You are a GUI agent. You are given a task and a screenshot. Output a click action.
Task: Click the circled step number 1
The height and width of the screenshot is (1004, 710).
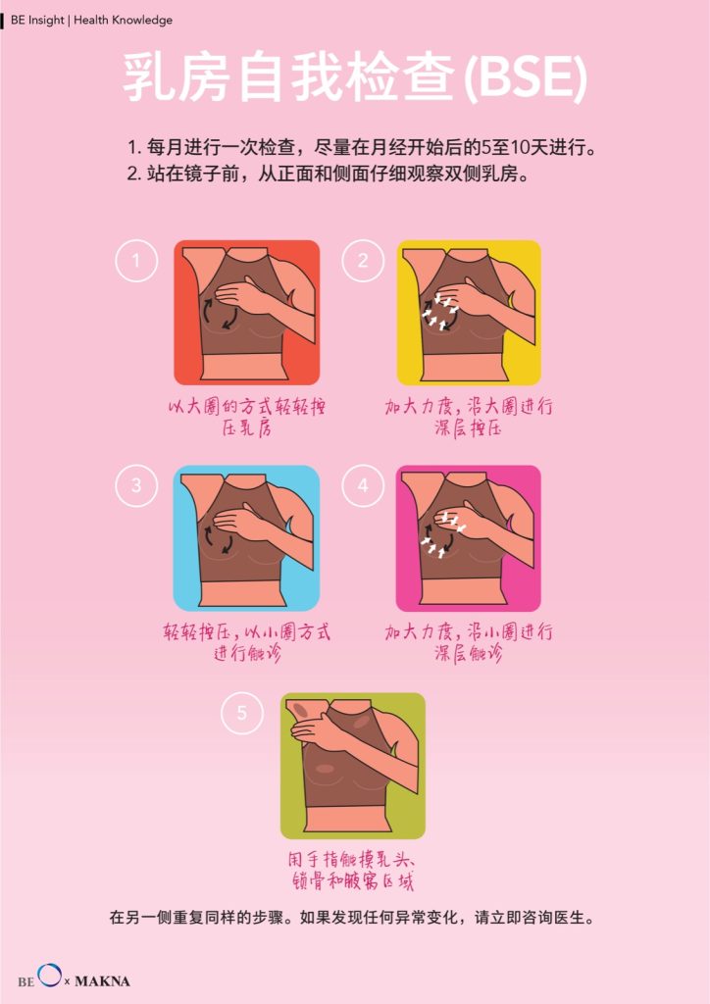(x=135, y=261)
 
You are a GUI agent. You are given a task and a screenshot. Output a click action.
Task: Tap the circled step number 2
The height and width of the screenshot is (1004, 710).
(x=363, y=261)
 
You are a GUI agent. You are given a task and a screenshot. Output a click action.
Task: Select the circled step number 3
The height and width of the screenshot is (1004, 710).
(x=135, y=485)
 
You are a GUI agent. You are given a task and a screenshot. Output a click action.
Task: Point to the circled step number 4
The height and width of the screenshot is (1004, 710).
(x=363, y=485)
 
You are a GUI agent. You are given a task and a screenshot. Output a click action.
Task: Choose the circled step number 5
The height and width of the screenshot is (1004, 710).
(x=242, y=713)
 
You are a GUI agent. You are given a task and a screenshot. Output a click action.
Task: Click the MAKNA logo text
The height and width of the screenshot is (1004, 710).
(x=102, y=980)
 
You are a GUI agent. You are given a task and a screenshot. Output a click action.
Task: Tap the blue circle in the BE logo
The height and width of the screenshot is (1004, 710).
(x=49, y=975)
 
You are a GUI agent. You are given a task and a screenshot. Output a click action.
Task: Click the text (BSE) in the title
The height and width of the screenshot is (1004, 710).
(x=524, y=78)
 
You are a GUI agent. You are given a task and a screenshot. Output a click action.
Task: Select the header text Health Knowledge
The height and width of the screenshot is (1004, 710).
(x=123, y=20)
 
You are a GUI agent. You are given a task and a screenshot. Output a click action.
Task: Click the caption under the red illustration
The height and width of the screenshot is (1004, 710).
(x=246, y=417)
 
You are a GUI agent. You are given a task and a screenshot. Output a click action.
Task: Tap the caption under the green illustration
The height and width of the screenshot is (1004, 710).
(x=352, y=871)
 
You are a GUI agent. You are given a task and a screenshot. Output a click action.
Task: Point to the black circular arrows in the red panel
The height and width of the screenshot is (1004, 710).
(x=221, y=315)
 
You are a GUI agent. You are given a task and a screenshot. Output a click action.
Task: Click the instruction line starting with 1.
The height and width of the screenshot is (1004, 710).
(x=362, y=148)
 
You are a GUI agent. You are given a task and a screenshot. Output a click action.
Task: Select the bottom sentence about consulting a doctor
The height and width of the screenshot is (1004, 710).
(x=352, y=918)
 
